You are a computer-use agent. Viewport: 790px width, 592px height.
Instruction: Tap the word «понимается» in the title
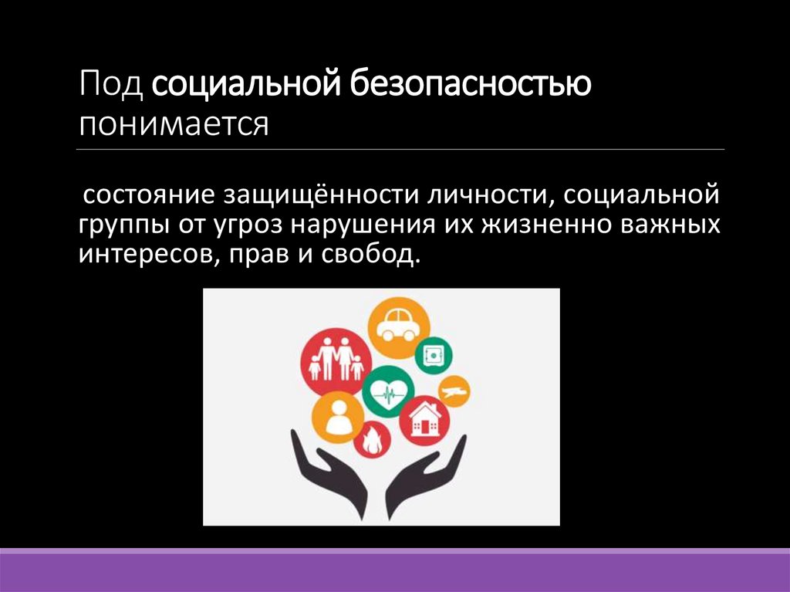(173, 123)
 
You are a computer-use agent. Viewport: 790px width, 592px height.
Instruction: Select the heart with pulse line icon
(388, 393)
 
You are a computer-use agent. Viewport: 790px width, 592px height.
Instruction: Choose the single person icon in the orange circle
(338, 418)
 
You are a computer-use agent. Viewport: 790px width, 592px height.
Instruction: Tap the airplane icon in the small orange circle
(454, 391)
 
